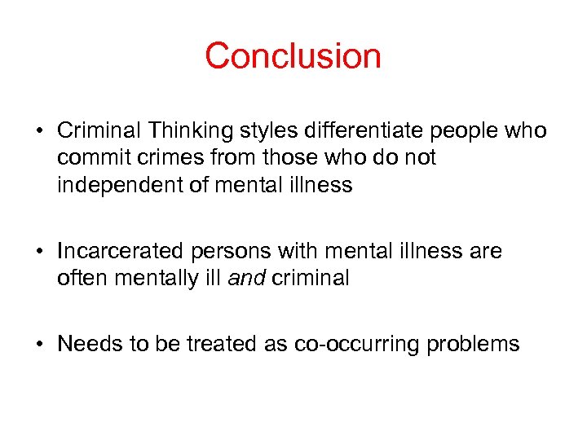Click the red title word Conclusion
(293, 56)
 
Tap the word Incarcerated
(114, 252)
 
